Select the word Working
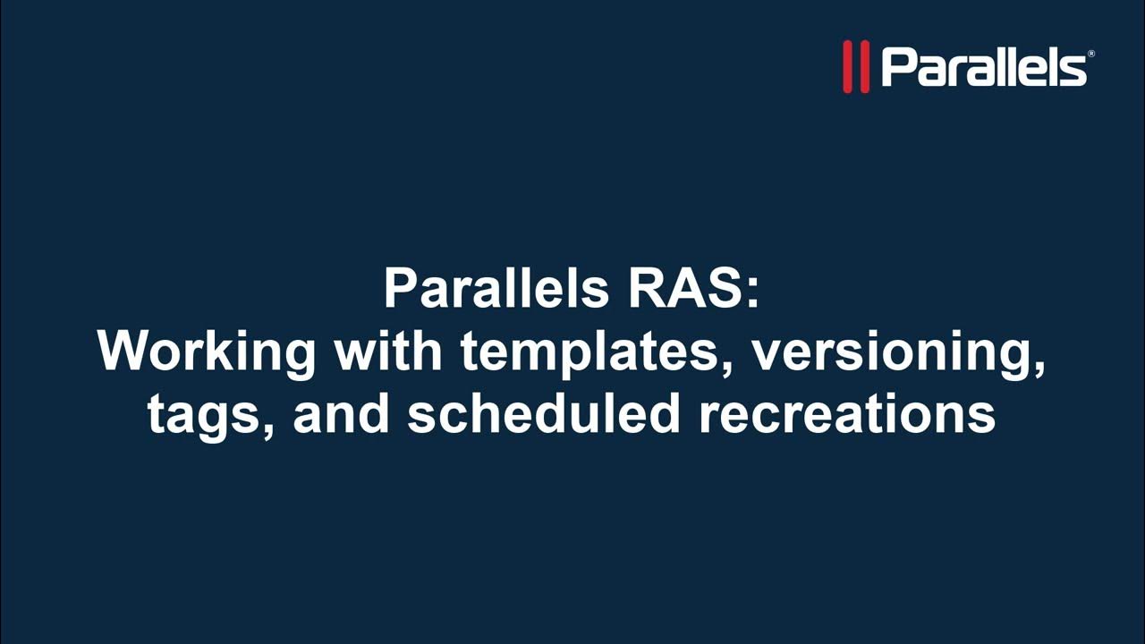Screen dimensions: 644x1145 coord(207,352)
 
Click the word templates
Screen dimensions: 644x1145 coord(589,352)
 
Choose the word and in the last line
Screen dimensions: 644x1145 coord(341,413)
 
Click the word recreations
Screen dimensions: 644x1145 coord(847,413)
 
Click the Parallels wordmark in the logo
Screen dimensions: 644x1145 coord(983,67)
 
